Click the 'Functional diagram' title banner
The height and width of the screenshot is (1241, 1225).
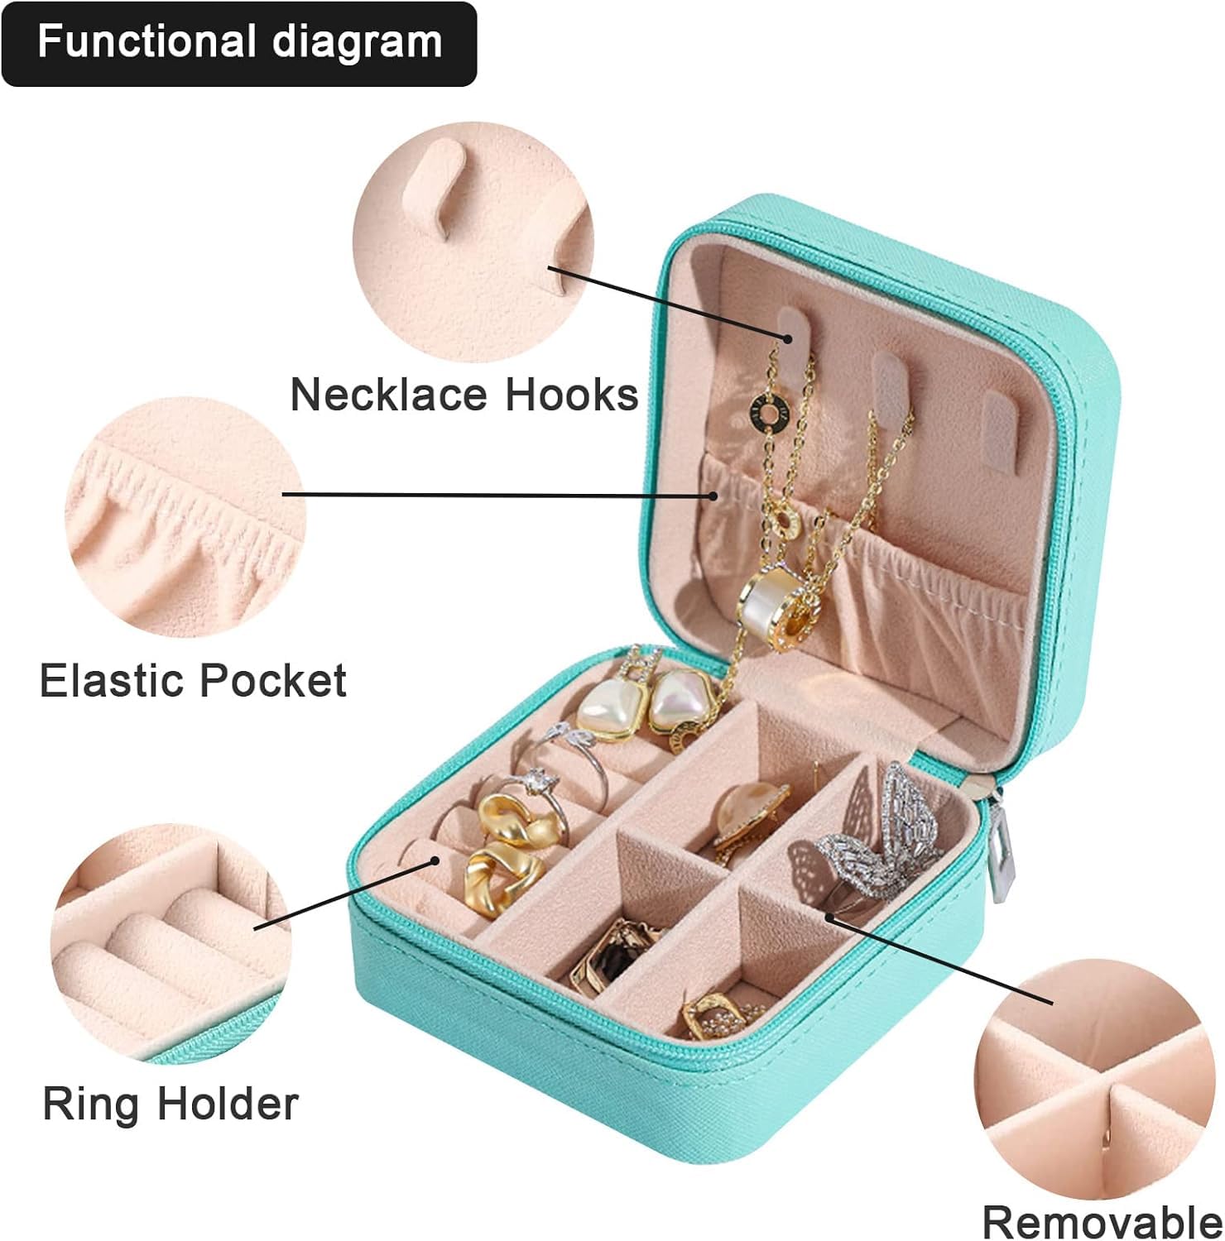click(239, 43)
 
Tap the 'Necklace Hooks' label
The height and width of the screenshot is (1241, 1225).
click(464, 395)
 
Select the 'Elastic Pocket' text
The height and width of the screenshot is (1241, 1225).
click(193, 681)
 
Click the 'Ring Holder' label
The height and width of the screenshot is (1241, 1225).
click(171, 1104)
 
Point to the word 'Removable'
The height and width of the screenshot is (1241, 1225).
click(1102, 1220)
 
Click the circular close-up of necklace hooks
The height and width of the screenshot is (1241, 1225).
click(473, 252)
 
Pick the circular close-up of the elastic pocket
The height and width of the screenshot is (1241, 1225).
click(185, 517)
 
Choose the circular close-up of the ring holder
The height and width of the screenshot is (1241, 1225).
click(171, 943)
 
